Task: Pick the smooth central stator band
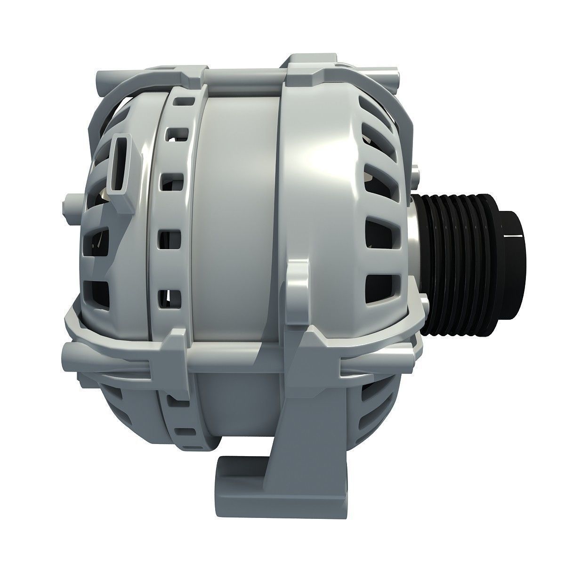pyautogui.click(x=235, y=212)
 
